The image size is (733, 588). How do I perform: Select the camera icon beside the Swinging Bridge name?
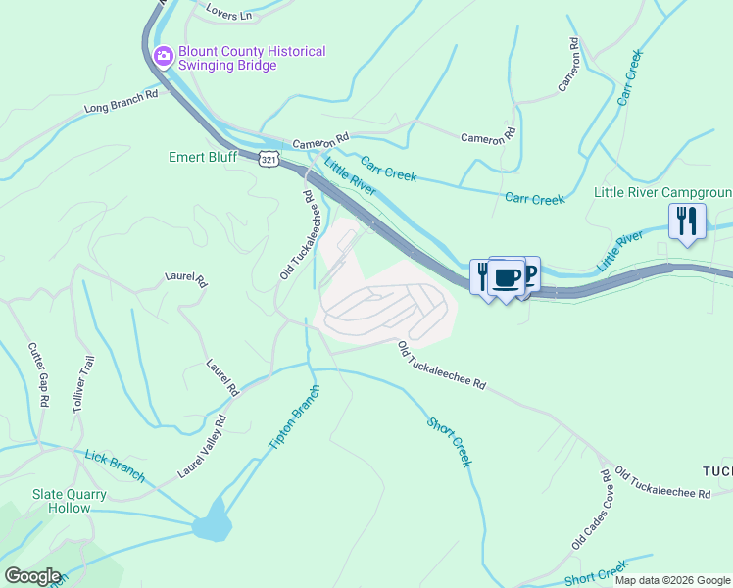pyautogui.click(x=163, y=54)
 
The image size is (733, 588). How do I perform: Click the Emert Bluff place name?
pyautogui.click(x=204, y=156)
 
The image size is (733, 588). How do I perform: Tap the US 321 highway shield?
pyautogui.click(x=270, y=159)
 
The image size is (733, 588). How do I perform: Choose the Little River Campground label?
pyautogui.click(x=662, y=192)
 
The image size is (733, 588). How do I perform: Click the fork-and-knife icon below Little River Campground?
pyautogui.click(x=687, y=221)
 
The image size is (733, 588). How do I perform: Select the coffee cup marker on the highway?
pyautogui.click(x=506, y=277)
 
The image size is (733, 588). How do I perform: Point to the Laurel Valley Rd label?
pyautogui.click(x=202, y=447)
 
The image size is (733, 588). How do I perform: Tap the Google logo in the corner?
pyautogui.click(x=32, y=576)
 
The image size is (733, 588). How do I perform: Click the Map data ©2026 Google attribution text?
pyautogui.click(x=672, y=580)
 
